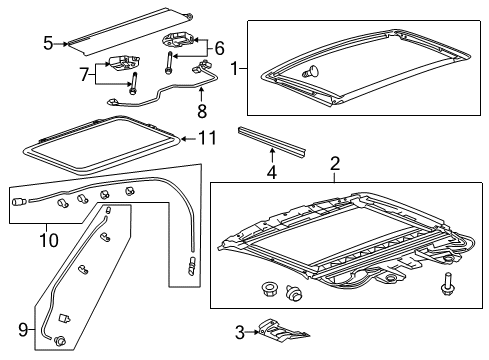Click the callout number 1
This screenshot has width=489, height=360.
236,69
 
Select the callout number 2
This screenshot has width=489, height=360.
335,162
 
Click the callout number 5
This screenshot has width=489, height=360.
47,42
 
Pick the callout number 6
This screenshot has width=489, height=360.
219,46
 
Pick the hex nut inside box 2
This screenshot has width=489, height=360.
269,290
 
